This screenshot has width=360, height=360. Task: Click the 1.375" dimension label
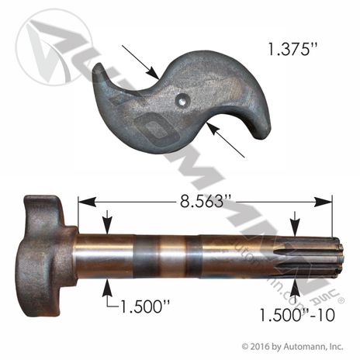289,49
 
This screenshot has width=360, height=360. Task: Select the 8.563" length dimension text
202,201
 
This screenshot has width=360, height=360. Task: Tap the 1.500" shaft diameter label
145,306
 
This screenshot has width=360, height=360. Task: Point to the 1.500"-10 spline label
297,315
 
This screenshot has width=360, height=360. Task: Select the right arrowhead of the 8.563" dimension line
323,202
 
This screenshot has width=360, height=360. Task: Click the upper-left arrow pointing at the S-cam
140,62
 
